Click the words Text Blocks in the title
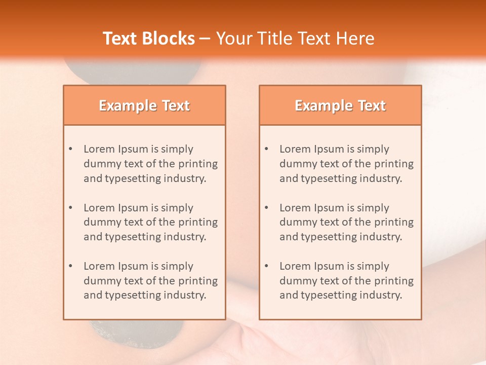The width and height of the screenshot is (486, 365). pos(149,39)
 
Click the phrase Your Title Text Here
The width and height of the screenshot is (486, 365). pos(295,39)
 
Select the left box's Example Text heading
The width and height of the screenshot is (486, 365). pos(144,105)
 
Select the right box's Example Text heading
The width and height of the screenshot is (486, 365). pos(340,105)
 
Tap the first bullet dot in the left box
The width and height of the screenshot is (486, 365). pos(70,149)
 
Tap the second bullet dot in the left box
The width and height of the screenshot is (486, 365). pos(70,208)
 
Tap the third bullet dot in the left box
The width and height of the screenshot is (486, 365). pos(70,266)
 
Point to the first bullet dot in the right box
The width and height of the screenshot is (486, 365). pos(266,149)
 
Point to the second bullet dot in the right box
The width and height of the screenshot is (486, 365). pos(266,208)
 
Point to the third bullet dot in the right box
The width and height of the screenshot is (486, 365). pos(266,266)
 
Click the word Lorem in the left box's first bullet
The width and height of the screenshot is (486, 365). pos(99,149)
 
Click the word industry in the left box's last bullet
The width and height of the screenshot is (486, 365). pos(185,296)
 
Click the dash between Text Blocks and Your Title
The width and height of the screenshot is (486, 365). pos(205,39)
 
